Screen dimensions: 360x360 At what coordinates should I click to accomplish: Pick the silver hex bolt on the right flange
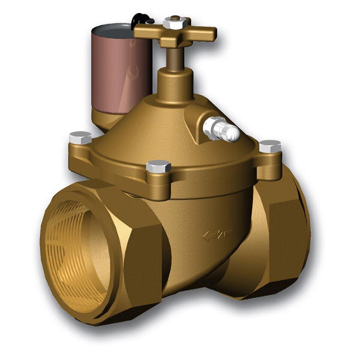270,146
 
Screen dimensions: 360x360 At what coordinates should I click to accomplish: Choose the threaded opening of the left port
75,252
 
